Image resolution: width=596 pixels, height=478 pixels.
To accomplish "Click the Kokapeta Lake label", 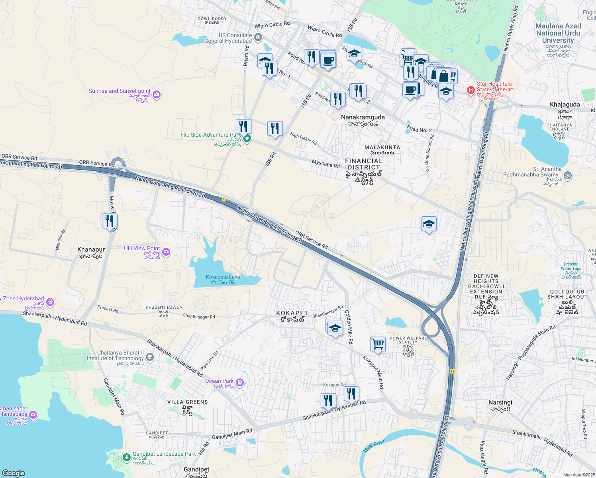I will tap(223, 277).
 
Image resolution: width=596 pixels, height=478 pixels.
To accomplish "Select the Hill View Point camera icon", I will tap(167, 252).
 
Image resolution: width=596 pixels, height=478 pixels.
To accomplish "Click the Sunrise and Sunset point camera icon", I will tap(157, 94).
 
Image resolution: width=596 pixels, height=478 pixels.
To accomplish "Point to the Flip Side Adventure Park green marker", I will tap(247, 139).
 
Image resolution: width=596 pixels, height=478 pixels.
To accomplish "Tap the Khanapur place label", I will tap(91, 250).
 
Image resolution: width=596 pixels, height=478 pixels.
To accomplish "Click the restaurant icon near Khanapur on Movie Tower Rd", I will tap(110, 221).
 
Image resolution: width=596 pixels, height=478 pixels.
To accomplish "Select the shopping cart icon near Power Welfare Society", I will tap(378, 344).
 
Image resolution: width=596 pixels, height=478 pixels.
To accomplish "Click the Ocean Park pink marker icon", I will tap(239, 383).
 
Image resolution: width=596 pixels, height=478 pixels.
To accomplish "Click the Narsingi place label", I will tap(500, 403).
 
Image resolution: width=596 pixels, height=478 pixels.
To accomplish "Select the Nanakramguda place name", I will tap(363, 118).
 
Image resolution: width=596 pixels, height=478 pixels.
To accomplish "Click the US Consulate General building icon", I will tap(258, 38).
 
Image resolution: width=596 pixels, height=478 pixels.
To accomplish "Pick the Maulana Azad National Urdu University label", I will tap(558, 33).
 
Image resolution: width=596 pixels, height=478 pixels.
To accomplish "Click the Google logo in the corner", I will tap(13, 473).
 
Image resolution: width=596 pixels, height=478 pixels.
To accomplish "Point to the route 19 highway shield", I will tap(453, 371).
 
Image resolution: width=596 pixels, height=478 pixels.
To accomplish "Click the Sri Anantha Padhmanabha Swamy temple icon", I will tap(568, 175).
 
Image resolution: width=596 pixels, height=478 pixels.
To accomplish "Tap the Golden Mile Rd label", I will tap(348, 327).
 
